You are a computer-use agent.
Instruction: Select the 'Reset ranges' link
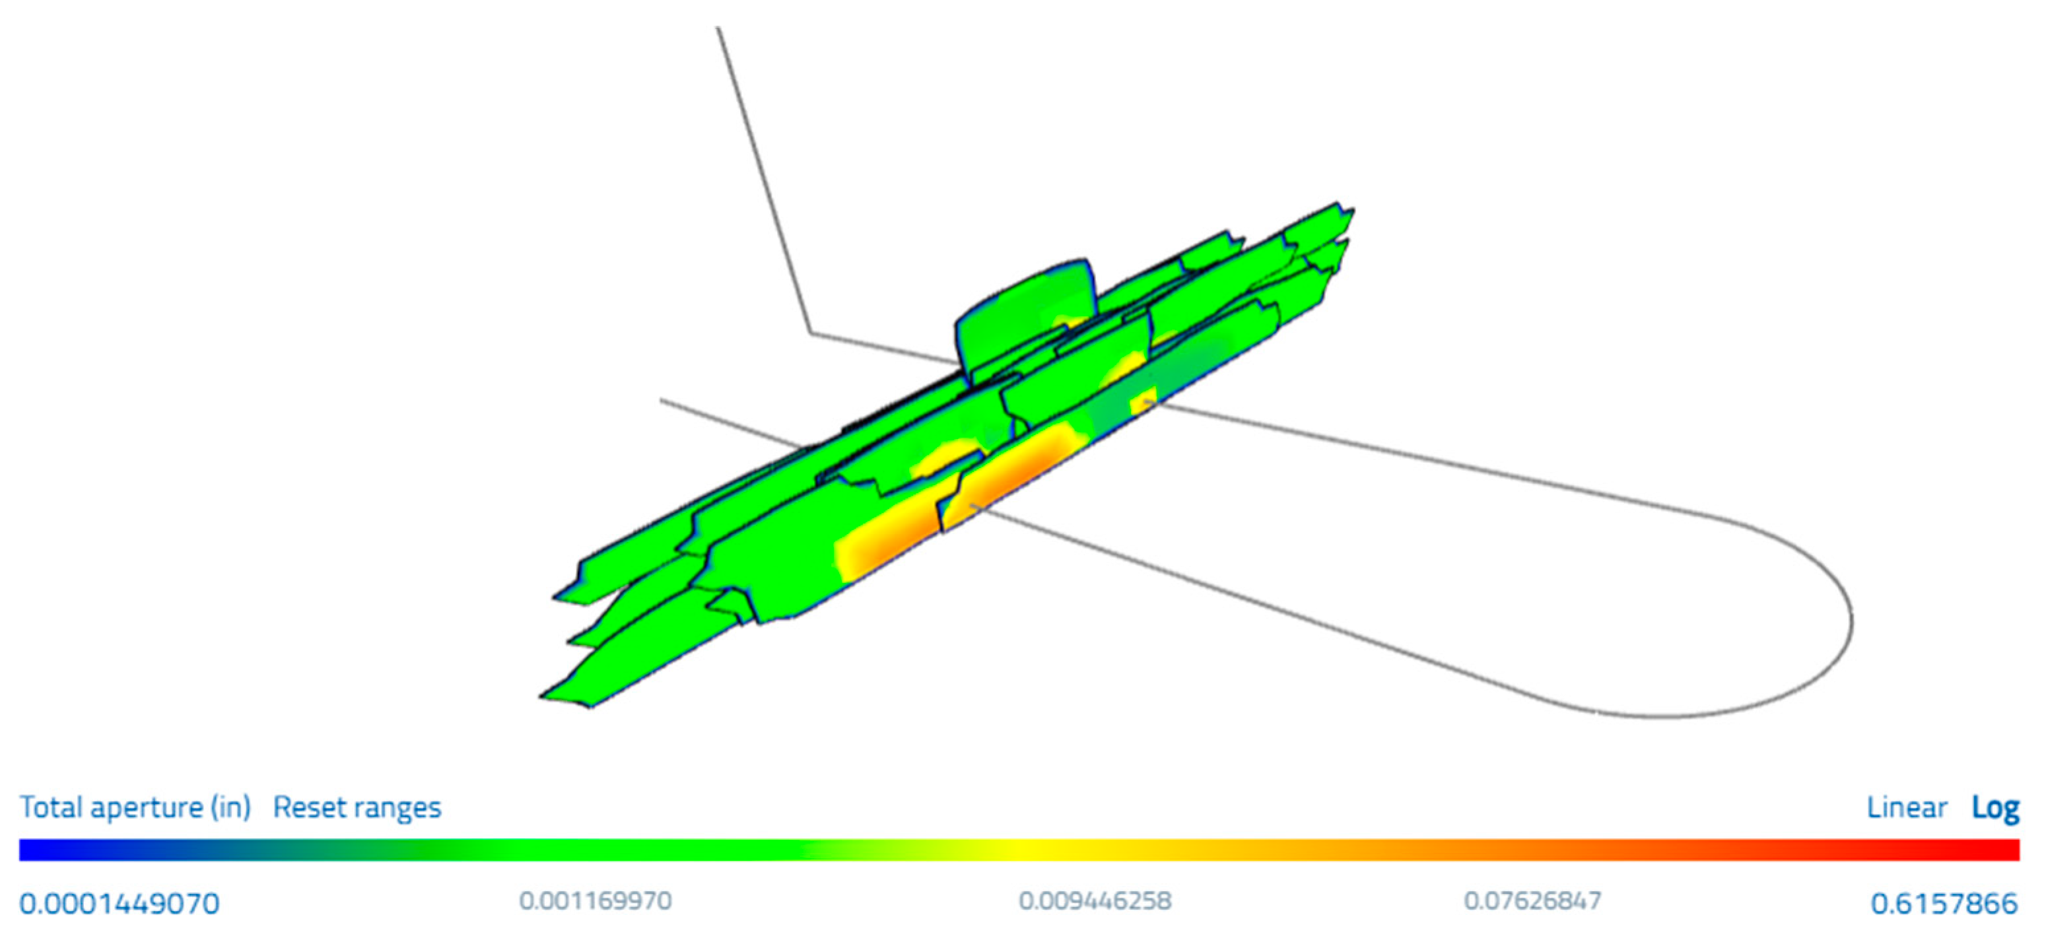357,808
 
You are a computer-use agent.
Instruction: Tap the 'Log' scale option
1995,808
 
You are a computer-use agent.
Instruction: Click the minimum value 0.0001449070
119,903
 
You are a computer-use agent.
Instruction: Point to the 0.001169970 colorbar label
596,900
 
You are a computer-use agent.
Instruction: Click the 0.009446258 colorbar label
1095,900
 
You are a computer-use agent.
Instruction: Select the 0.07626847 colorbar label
1533,900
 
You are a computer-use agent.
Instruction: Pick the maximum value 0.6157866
1944,903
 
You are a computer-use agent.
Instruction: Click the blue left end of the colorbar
32,850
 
